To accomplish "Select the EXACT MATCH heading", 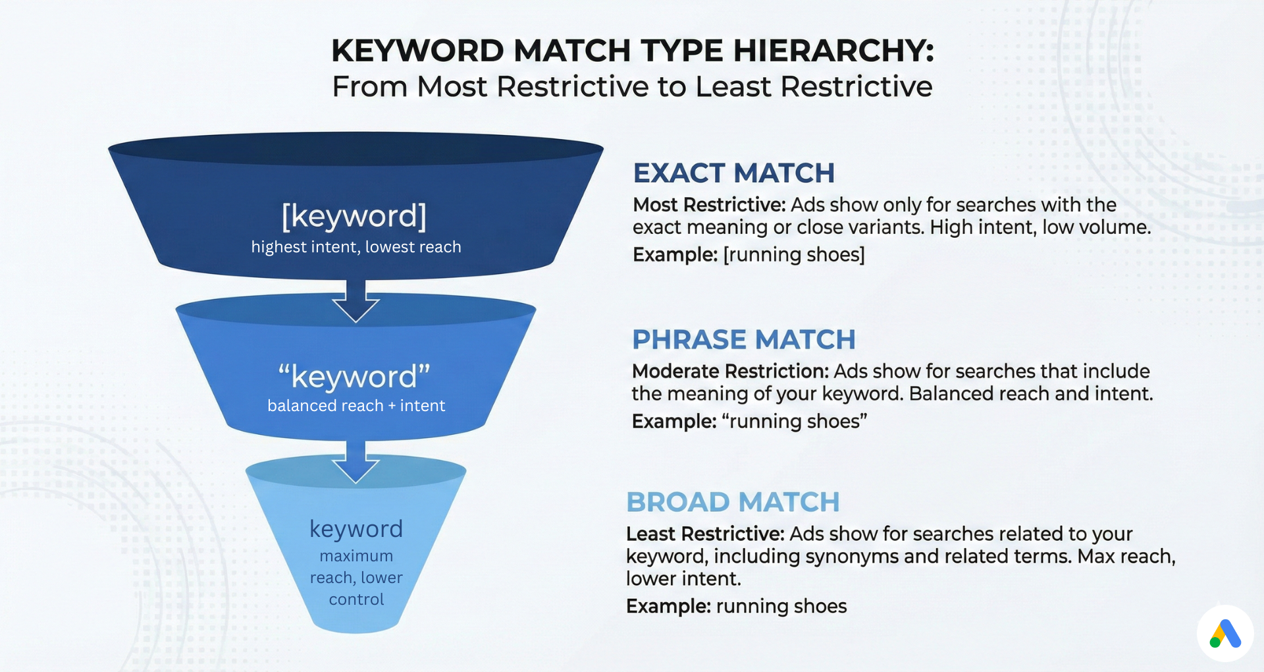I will coord(733,173).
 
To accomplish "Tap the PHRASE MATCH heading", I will coord(743,340).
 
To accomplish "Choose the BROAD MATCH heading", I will coord(733,502).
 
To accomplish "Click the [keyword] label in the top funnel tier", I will coord(354,216).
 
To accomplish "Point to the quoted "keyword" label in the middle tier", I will coord(354,377).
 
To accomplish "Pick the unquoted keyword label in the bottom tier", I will coord(356,529).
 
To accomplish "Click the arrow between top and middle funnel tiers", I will coord(355,301).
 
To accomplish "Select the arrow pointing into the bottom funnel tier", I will coord(355,462).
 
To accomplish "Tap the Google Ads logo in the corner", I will coord(1224,634).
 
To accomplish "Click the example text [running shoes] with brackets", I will coord(794,255).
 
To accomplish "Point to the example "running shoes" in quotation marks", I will coord(795,422).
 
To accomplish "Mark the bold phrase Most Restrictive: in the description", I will coord(709,205).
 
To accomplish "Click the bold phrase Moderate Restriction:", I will coord(730,372).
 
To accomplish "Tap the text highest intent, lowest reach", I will coord(356,247).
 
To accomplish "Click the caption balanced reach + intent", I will coord(356,406).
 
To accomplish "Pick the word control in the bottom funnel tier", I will coord(356,600).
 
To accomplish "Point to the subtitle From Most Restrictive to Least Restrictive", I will coord(632,87).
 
